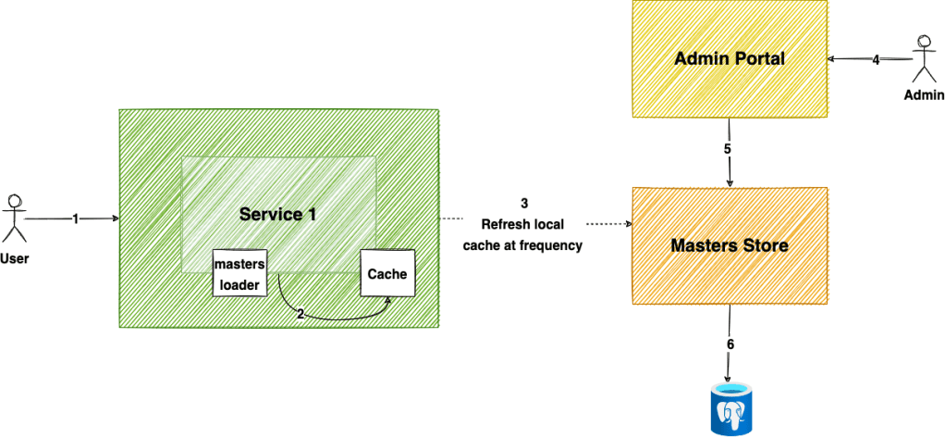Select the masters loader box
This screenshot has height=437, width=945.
click(240, 273)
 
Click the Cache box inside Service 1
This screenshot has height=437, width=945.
click(387, 274)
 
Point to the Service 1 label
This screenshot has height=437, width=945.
click(277, 215)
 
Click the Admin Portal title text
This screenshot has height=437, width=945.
click(730, 59)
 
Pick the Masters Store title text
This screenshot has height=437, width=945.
click(730, 247)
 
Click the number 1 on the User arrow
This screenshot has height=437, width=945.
click(75, 218)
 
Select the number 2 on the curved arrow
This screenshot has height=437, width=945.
click(301, 314)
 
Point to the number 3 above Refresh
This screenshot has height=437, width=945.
click(525, 203)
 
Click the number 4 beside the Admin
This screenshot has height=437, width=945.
click(876, 60)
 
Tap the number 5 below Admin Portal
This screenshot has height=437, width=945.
click(728, 148)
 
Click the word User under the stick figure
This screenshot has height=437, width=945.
click(14, 259)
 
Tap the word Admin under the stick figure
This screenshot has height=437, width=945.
click(925, 95)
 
